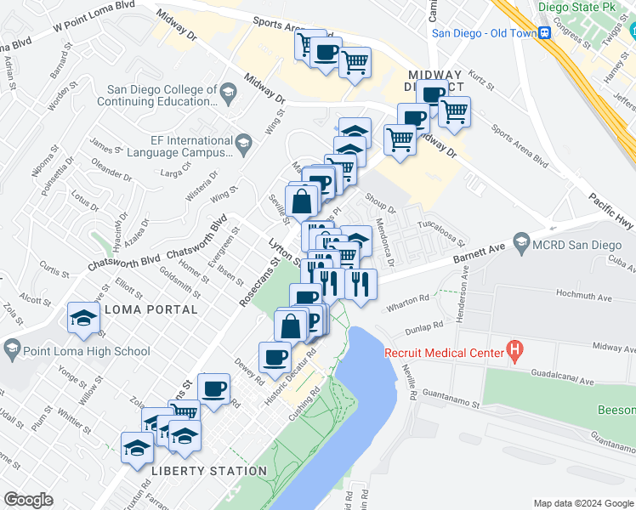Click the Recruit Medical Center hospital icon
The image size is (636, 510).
pyautogui.click(x=514, y=348)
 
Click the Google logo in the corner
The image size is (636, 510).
pyautogui.click(x=28, y=500)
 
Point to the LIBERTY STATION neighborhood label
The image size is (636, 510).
pyautogui.click(x=208, y=471)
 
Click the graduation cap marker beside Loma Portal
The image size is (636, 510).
pyautogui.click(x=84, y=318)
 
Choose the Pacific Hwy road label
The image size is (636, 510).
pyautogui.click(x=610, y=210)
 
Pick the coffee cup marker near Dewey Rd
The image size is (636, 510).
pyautogui.click(x=275, y=357)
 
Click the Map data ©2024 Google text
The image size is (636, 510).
pyautogui.click(x=582, y=503)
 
